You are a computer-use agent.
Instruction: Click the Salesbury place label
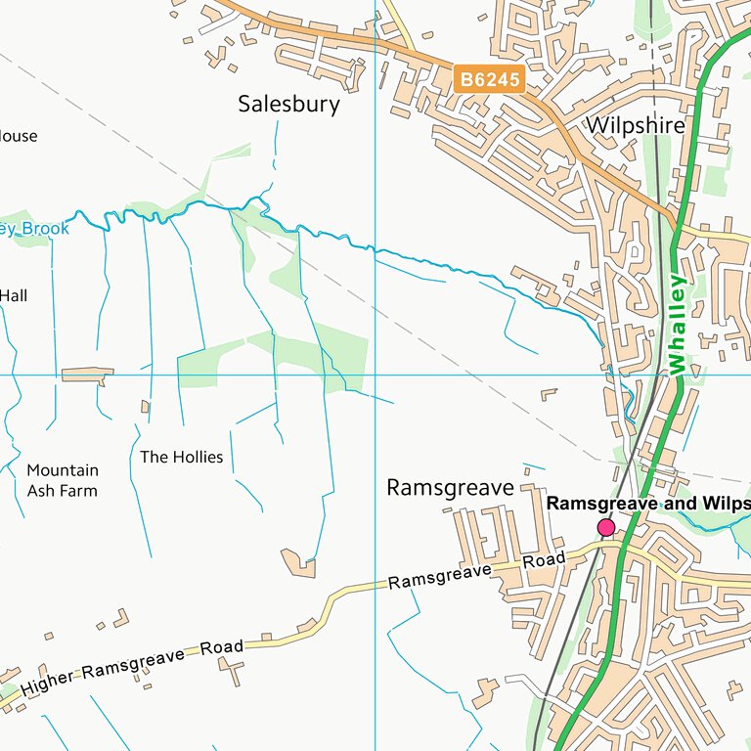(288, 105)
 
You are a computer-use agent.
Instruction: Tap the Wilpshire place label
(636, 125)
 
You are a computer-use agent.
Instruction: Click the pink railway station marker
(606, 528)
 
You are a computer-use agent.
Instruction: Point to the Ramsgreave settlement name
(450, 487)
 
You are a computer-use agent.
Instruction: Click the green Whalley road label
(678, 323)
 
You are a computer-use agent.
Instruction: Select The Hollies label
(181, 457)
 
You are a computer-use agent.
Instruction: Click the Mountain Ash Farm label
(62, 480)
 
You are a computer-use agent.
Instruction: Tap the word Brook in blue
(46, 229)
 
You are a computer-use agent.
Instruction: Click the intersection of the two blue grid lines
(375, 375)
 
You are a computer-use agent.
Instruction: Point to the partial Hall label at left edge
(15, 294)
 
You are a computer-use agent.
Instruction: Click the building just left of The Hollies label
(146, 406)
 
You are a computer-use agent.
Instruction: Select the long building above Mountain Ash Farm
(87, 375)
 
